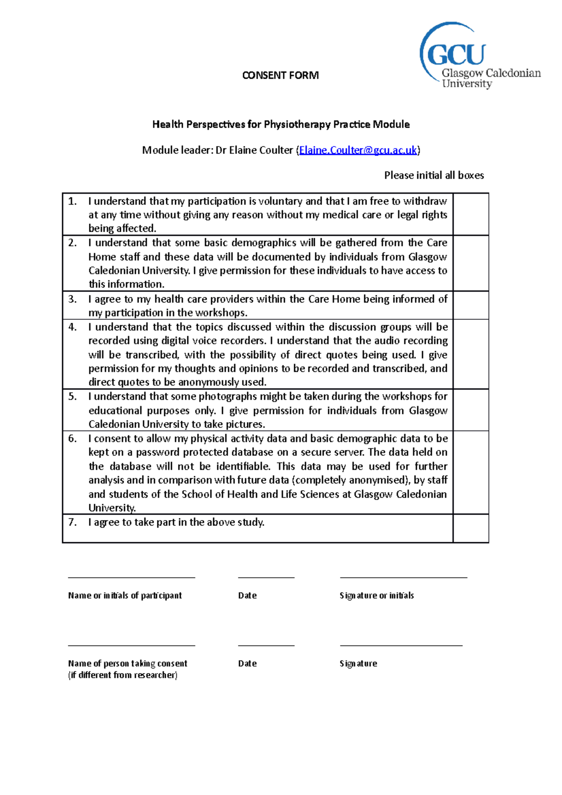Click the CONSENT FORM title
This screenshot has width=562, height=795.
pyautogui.click(x=280, y=75)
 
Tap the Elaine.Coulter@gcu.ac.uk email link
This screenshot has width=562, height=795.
pyautogui.click(x=358, y=150)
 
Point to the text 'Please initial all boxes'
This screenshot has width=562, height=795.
pyautogui.click(x=434, y=176)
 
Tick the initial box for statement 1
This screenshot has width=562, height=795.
pyautogui.click(x=471, y=214)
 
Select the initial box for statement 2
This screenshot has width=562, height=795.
pyautogui.click(x=471, y=263)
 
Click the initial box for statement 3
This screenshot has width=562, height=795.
pyautogui.click(x=471, y=305)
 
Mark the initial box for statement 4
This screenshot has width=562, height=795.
pyautogui.click(x=471, y=354)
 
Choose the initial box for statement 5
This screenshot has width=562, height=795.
pyautogui.click(x=471, y=410)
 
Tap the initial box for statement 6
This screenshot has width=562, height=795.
pyautogui.click(x=471, y=472)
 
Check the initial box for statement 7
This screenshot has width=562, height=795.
pyautogui.click(x=471, y=529)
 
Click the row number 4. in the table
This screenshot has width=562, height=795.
pyautogui.click(x=73, y=327)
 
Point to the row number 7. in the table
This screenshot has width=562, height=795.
pyautogui.click(x=73, y=523)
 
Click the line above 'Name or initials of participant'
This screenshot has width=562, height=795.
pyautogui.click(x=131, y=578)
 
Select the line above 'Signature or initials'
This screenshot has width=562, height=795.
pyautogui.click(x=403, y=578)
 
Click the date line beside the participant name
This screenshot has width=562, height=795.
pyautogui.click(x=266, y=578)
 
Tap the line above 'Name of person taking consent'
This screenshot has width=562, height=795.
pyautogui.click(x=131, y=646)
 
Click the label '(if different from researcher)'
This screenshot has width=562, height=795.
pyautogui.click(x=123, y=675)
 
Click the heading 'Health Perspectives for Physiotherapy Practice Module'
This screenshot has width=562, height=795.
pyautogui.click(x=281, y=125)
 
